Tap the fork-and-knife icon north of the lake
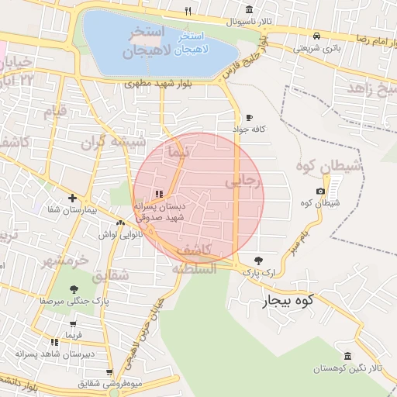click(188, 11)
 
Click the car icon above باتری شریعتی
click(316, 36)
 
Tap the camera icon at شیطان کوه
click(321, 191)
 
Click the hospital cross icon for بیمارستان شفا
click(72, 198)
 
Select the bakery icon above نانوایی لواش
click(120, 223)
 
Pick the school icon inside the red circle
click(159, 194)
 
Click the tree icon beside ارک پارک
click(258, 261)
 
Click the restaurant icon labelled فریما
click(54, 341)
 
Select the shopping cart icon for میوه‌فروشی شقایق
click(109, 372)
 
